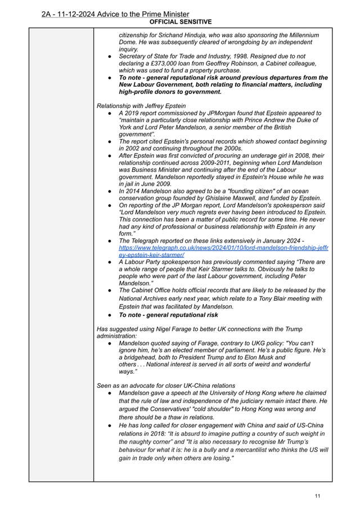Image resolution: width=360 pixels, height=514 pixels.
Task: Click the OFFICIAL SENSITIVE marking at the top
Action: [181, 22]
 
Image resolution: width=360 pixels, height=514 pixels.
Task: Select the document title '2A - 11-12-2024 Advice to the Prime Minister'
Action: [115, 14]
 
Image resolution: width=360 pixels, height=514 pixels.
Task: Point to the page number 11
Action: [318, 495]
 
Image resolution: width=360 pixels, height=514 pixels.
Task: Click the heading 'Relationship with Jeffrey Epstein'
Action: [141, 105]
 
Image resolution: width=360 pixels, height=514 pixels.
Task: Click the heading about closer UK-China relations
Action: [166, 386]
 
